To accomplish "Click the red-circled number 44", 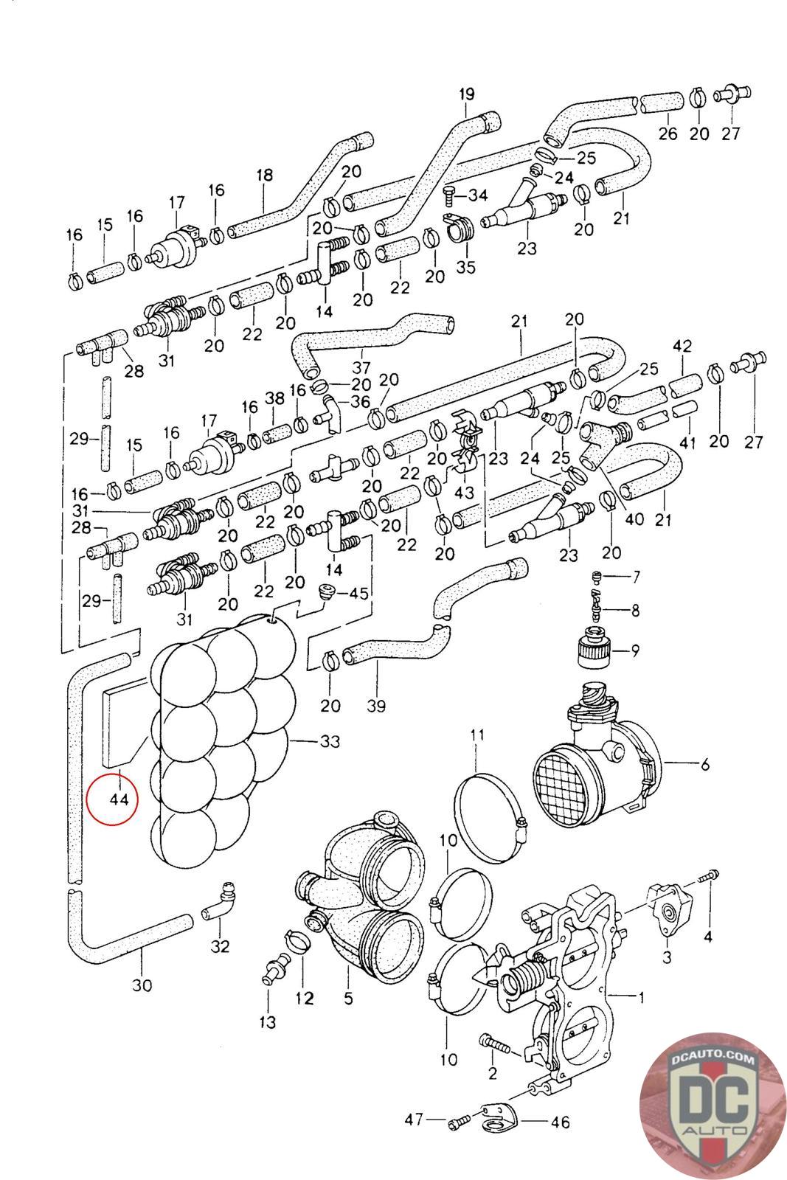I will (x=118, y=799).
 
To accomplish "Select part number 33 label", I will (x=329, y=740).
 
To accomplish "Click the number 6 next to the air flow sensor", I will (x=705, y=765).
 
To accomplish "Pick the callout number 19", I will (x=466, y=94).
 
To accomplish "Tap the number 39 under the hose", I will (x=376, y=706).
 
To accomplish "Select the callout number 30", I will (x=142, y=985).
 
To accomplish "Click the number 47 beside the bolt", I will (x=413, y=1120).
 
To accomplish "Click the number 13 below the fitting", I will (x=267, y=1021).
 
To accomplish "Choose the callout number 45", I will (x=358, y=593).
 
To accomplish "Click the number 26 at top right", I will (x=668, y=134).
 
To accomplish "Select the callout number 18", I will (x=264, y=176).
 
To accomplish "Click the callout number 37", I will (x=361, y=367).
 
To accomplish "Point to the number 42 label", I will (x=682, y=346).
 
